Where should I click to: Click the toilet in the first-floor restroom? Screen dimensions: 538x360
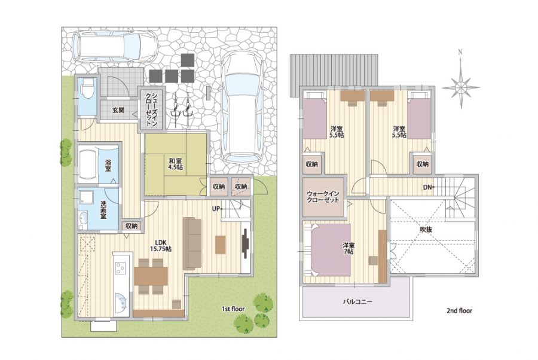85,89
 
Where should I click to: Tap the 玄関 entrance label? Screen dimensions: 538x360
118,111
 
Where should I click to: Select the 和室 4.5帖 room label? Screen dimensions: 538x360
175,164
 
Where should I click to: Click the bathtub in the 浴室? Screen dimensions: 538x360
88,164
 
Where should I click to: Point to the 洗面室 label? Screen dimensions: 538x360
103,209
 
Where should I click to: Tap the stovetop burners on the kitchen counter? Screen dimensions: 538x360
120,268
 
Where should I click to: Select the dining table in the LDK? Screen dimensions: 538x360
151,276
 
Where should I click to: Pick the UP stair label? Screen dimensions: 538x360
216,208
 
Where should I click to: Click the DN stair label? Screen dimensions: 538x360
428,187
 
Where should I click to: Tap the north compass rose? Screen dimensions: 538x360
461,86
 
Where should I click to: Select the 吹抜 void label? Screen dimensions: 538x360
426,229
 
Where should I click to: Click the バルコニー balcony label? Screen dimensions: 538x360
358,301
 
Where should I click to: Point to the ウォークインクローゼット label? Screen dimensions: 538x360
323,197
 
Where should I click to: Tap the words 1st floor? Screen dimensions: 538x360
233,309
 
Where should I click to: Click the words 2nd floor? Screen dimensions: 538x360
460,311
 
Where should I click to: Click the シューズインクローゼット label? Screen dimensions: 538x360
151,110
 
